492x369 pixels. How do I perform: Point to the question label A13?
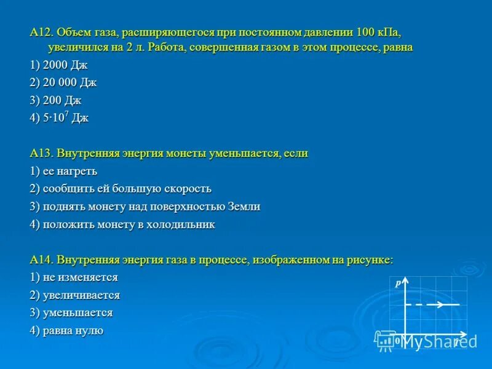41,154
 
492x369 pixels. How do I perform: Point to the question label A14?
41,260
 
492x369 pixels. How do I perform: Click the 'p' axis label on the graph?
398,284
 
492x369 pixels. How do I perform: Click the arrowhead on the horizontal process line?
441,304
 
